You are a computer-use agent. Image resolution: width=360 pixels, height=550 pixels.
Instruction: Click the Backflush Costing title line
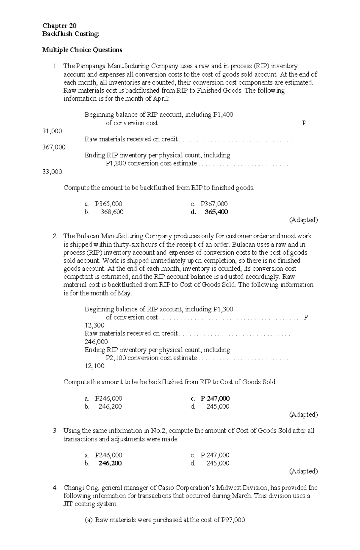point(70,34)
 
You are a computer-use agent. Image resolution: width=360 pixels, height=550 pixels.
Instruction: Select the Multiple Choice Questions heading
point(82,50)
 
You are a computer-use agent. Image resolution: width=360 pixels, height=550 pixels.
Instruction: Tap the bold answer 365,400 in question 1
point(216,212)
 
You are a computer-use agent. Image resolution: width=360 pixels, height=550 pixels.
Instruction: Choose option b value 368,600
point(112,212)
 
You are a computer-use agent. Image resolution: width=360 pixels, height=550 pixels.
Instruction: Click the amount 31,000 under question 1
point(52,131)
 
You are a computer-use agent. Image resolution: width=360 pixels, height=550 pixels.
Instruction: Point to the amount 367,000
point(54,147)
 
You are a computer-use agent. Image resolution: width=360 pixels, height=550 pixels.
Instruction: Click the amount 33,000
point(52,171)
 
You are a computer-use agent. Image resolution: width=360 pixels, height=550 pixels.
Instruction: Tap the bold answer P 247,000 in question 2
point(215,398)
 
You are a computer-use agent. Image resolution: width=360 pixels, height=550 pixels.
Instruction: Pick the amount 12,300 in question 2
point(94,325)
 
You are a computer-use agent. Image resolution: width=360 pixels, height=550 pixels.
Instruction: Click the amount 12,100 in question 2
point(94,366)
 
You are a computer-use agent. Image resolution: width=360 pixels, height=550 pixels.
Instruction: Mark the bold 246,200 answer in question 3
point(110,463)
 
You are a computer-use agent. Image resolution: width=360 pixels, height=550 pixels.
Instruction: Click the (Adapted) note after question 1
point(303,220)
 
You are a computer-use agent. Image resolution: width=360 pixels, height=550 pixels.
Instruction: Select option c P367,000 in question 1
point(214,204)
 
